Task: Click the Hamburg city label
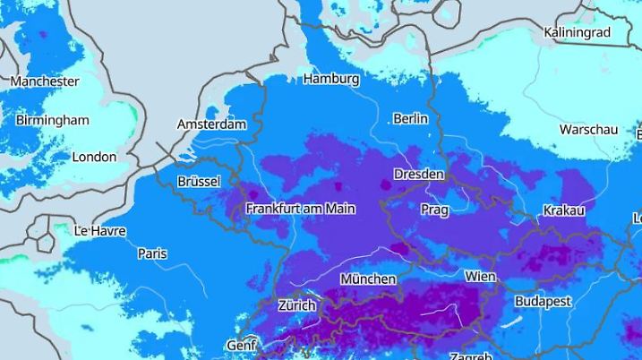331,79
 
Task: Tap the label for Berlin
410,118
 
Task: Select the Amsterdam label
211,124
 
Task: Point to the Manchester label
45,81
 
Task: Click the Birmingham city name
52,120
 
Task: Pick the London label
94,157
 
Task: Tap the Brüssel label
199,181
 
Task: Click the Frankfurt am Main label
301,209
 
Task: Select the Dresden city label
419,174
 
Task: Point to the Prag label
434,210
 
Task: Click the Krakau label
564,210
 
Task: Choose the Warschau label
588,130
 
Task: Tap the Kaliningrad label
577,33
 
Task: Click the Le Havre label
99,231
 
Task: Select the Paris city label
152,253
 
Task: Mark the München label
368,279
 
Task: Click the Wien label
480,277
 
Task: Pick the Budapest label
543,302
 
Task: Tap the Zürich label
296,305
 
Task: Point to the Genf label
242,345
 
